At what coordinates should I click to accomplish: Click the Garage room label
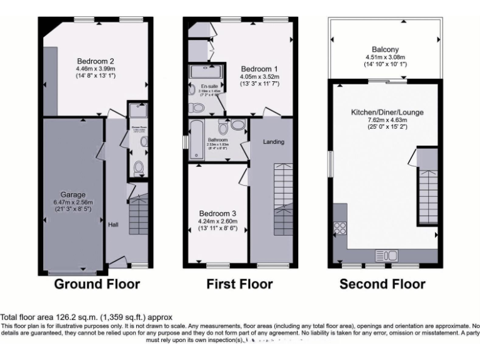73,194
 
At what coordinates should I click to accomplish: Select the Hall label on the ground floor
113,225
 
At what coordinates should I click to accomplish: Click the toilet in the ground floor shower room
138,167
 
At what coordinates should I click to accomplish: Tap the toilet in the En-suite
196,108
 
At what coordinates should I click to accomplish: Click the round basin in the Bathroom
237,126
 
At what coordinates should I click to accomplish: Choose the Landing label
273,142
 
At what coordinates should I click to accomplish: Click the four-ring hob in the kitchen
341,228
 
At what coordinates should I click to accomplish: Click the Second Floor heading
382,284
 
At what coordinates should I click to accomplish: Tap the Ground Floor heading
97,284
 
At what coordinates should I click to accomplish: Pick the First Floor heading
239,284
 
